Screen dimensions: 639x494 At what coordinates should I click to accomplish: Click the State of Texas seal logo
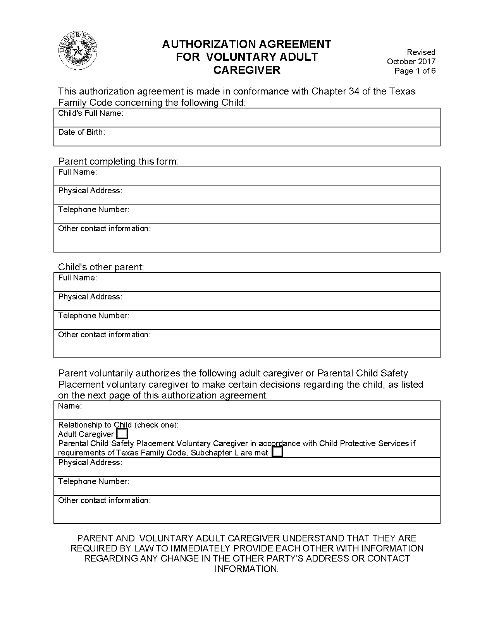tap(78, 51)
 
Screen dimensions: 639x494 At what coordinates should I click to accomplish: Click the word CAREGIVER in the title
tap(247, 70)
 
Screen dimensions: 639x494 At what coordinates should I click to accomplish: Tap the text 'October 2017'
tap(411, 61)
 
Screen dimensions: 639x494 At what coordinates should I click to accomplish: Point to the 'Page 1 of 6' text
tap(415, 70)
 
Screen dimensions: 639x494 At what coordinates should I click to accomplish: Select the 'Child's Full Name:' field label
tap(91, 113)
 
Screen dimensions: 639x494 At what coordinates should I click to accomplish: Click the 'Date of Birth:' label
tap(81, 132)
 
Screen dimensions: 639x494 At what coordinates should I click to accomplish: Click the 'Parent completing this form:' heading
tap(118, 161)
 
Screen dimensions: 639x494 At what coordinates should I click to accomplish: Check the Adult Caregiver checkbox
tap(122, 434)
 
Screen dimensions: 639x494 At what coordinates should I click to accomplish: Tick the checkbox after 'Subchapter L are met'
tap(277, 452)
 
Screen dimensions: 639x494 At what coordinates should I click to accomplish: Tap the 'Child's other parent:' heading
tap(101, 267)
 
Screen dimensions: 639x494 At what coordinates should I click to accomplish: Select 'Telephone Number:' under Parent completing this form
tap(93, 210)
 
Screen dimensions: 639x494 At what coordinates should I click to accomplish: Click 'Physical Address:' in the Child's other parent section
tap(90, 297)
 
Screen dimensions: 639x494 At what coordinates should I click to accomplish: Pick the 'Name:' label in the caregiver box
tap(70, 406)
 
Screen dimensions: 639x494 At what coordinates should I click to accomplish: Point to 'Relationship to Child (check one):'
tap(118, 424)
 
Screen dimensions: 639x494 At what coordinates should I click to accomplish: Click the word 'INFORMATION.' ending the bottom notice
tap(247, 569)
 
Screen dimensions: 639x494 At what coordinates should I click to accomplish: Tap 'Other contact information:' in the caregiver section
tap(104, 500)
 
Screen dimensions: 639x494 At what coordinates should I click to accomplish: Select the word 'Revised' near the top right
tap(421, 52)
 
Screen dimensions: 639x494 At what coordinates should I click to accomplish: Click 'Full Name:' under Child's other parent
tap(77, 278)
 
